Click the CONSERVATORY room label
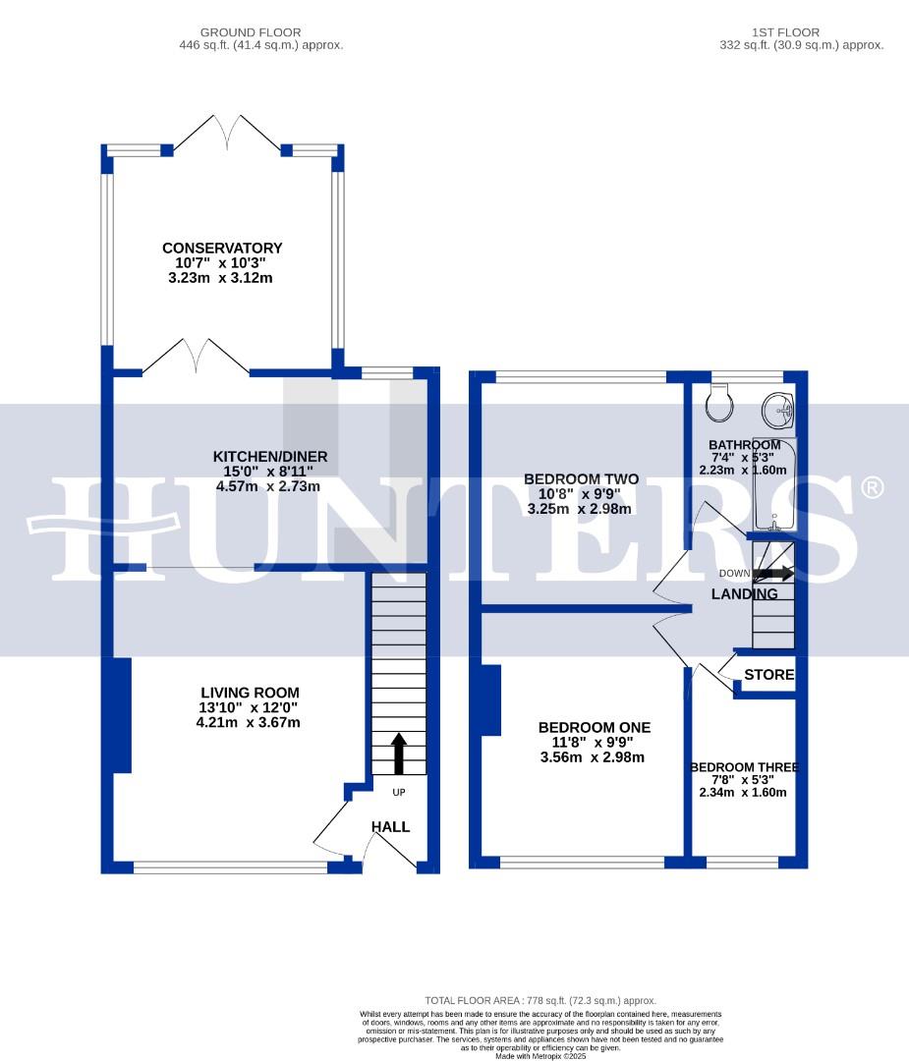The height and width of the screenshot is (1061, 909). coord(222,249)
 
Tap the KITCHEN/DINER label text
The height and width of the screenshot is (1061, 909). coord(270,457)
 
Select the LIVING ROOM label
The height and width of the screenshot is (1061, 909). coord(251,693)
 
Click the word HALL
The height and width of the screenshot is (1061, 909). coord(390,827)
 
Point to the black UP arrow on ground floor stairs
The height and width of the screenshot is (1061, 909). coord(399,754)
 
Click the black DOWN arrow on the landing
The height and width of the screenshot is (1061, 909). coord(775,573)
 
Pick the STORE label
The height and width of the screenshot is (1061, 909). coord(768,675)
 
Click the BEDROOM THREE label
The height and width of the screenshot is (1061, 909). coord(744,767)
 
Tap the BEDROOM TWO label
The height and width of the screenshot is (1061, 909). coord(581,479)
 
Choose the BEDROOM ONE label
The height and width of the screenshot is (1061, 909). coord(594,727)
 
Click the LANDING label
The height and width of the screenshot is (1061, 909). coord(744,594)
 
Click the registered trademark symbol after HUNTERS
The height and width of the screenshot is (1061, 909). coord(872,487)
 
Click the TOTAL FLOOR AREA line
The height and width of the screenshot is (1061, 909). coord(540,1000)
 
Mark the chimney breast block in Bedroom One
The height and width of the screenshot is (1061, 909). coord(490,699)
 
